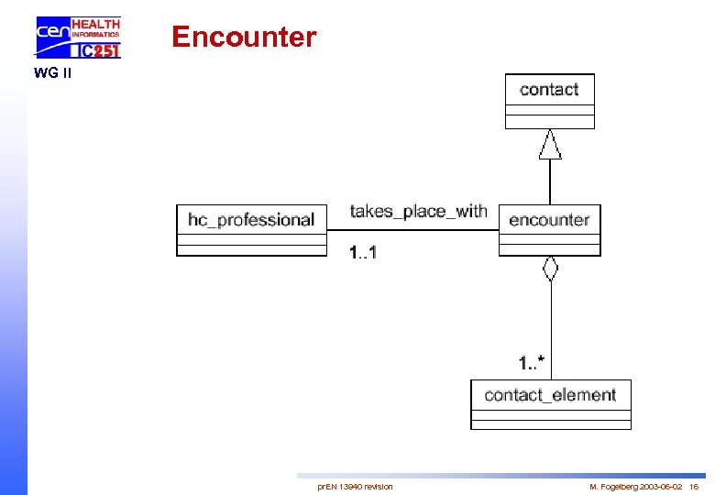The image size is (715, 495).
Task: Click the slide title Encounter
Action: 244,37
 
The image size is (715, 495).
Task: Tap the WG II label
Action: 52,73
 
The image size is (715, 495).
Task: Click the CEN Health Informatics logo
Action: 78,38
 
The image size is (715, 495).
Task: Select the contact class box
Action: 550,101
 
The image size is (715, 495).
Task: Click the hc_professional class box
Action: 251,230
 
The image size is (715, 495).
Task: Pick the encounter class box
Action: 550,230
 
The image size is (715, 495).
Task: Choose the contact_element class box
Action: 551,404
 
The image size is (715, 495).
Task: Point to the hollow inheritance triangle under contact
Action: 550,145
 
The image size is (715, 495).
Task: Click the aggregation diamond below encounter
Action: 550,269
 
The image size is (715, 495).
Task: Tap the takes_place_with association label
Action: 418,212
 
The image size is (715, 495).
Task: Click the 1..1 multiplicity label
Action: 363,252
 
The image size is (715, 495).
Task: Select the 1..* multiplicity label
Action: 532,364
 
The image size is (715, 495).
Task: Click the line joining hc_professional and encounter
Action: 412,230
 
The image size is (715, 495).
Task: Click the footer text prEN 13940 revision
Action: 355,486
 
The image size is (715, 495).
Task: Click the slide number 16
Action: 694,486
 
